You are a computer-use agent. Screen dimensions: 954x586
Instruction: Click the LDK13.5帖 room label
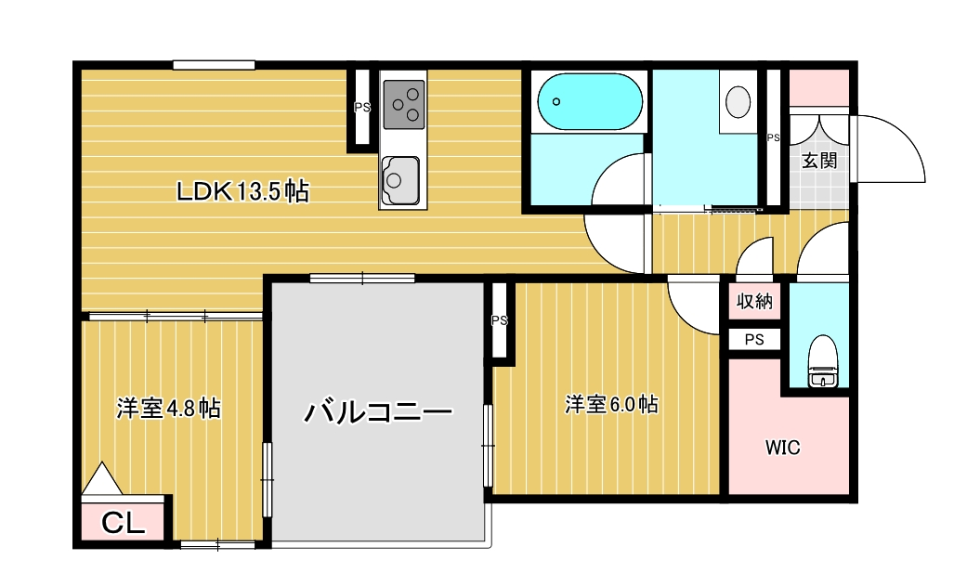(242, 191)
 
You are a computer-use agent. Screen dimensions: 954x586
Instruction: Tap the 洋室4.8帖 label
(168, 409)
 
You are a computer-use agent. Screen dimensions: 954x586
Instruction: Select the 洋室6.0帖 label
(611, 405)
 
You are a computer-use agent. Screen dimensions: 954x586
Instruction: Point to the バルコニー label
(378, 412)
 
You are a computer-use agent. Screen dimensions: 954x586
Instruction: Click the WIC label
(782, 448)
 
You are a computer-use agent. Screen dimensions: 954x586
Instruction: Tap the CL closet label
(123, 523)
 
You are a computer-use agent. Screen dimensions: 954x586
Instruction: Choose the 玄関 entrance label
(819, 161)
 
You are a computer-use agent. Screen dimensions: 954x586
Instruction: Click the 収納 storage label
(754, 301)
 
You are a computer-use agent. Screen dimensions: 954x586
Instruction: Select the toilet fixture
(823, 361)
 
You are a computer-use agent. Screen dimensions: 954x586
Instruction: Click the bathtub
(590, 101)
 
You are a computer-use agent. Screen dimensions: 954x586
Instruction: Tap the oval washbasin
(738, 101)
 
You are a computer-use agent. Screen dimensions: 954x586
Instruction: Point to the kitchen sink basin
(400, 180)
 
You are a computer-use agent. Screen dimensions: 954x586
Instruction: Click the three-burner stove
(404, 105)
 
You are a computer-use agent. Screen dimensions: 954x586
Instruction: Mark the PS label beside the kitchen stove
(362, 107)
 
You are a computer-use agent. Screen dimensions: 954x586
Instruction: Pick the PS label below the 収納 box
(754, 340)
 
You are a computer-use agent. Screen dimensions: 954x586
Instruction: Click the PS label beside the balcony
(500, 320)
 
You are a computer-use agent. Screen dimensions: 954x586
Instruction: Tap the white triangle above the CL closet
(102, 478)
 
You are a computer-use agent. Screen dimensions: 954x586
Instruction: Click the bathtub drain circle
(556, 101)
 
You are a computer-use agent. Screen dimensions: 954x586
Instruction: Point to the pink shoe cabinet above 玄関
(819, 88)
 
